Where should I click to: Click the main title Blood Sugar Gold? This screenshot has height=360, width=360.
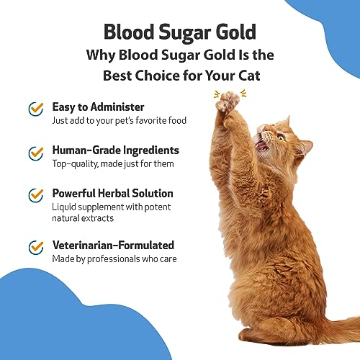(x=179, y=32)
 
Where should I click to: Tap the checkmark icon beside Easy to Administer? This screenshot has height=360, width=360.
(x=35, y=108)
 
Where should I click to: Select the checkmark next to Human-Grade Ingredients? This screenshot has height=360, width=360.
(x=35, y=153)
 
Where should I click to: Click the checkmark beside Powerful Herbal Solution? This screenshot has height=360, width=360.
(x=35, y=196)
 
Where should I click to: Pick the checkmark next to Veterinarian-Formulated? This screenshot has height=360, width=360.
(x=35, y=248)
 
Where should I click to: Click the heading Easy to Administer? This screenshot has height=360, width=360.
(x=98, y=107)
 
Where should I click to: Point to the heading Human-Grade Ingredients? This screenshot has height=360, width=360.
(x=115, y=150)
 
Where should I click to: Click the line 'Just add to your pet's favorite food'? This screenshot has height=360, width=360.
(x=119, y=121)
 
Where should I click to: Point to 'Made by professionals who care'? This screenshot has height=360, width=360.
(x=114, y=259)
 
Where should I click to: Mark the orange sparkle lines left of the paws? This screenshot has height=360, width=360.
(x=215, y=94)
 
